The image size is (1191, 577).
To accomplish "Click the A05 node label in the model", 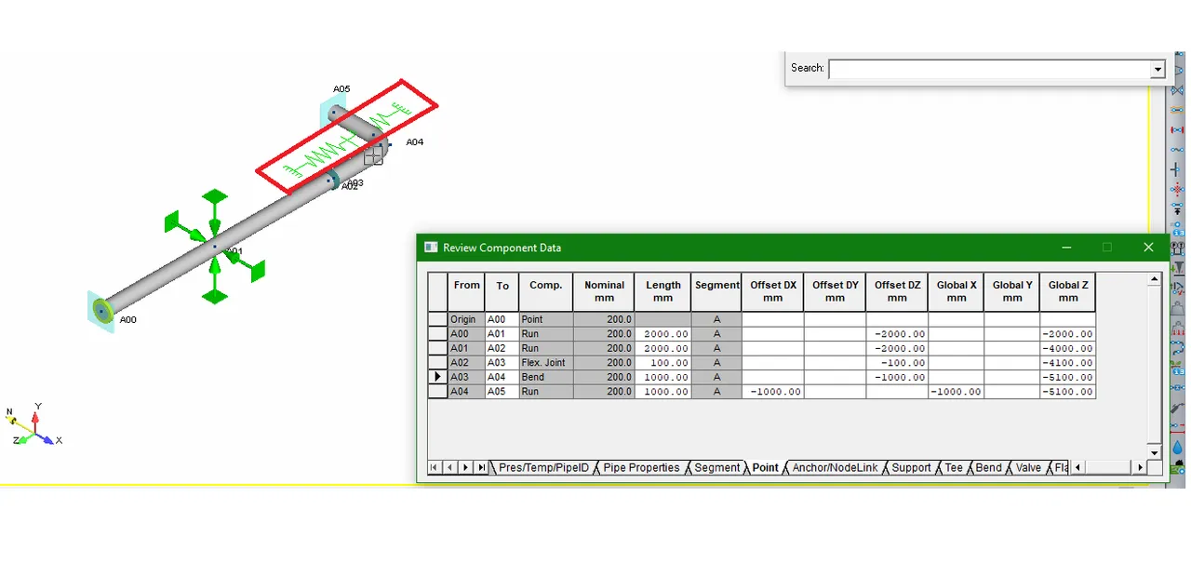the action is tap(341, 88).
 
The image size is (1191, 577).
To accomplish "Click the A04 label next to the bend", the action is tap(415, 142).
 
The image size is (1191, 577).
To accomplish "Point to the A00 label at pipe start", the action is tap(127, 319).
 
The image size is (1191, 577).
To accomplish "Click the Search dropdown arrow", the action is tap(1158, 69).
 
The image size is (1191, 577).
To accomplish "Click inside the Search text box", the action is tap(989, 69).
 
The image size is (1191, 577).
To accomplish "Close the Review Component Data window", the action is tap(1148, 248).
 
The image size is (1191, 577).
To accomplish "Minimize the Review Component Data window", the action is tap(1066, 248).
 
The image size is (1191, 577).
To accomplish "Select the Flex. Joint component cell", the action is tap(543, 363).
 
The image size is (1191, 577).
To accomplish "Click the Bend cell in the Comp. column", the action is tap(533, 377).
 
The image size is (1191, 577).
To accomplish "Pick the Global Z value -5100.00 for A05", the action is tap(1067, 392).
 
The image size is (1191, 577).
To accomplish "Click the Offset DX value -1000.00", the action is tap(775, 392).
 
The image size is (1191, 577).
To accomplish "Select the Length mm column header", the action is tap(663, 291).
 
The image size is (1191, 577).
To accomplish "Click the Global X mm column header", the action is tap(957, 291).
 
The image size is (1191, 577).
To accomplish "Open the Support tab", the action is tap(911, 468).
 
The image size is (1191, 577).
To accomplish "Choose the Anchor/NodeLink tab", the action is tap(835, 468).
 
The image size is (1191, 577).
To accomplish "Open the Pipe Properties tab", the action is tap(641, 468).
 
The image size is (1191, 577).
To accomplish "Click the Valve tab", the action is tap(1028, 468).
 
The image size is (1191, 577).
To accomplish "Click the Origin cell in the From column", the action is tap(462, 319).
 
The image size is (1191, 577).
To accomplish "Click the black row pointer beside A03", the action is tap(437, 377).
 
